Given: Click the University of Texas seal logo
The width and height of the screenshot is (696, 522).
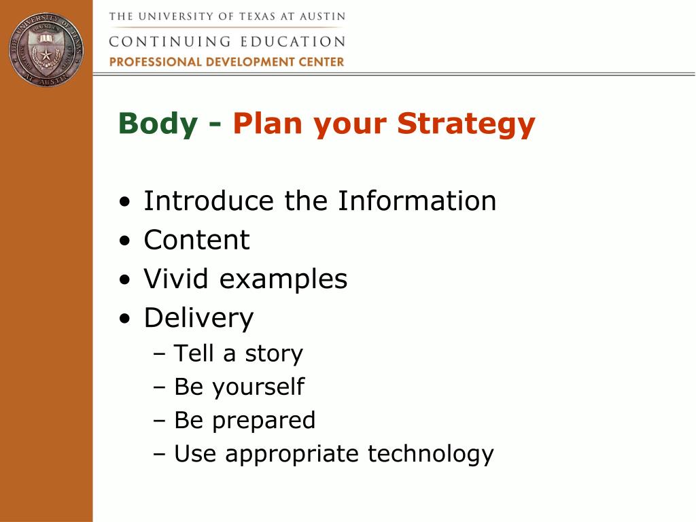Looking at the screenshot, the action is coord(46,50).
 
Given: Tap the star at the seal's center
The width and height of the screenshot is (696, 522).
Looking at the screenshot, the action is coord(46,55).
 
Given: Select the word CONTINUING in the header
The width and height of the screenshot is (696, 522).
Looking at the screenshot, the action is coord(169,41).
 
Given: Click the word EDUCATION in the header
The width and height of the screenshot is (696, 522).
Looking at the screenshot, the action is coord(293,41).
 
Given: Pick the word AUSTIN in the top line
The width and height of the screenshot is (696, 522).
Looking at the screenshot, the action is coord(322,17).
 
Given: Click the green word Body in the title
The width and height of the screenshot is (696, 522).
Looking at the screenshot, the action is coord(158,123).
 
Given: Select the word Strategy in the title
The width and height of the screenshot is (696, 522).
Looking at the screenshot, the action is coord(466,124).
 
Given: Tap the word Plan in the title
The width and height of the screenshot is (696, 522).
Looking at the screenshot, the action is coord(268,123).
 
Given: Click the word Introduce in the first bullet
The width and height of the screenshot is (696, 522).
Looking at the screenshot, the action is coord(209,201).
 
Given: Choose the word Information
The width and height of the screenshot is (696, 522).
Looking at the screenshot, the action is coord(417,201).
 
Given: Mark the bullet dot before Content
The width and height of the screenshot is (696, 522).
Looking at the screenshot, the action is coord(126,241).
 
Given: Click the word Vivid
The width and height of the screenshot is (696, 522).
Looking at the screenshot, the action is coord(176,279).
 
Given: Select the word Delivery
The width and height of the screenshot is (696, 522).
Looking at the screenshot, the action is coord(199,319).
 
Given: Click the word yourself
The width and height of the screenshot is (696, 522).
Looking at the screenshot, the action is coord(258,387).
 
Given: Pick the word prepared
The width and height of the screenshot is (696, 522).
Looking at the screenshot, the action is coord(264,421).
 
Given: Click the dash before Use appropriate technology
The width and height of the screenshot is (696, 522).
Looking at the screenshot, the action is coord(159,454).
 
